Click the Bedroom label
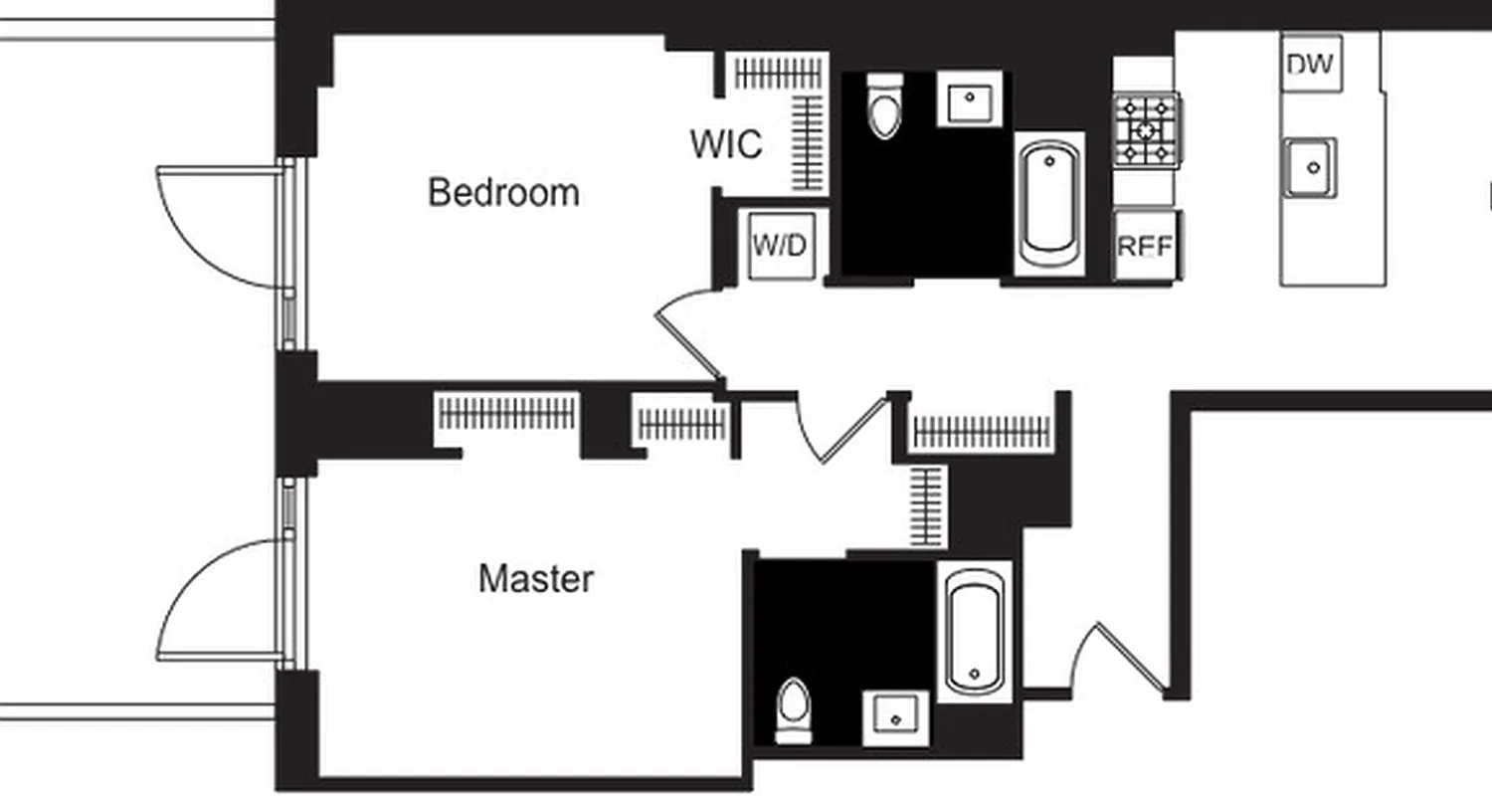[503, 192]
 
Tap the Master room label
[536, 579]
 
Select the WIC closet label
[727, 144]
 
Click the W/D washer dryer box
[781, 246]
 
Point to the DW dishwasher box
[1310, 65]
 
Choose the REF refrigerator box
[1145, 246]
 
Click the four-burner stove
[1146, 130]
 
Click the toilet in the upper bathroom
[884, 106]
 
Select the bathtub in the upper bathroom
[1049, 203]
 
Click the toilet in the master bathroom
[793, 709]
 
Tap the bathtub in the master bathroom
[974, 631]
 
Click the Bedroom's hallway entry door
[686, 333]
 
